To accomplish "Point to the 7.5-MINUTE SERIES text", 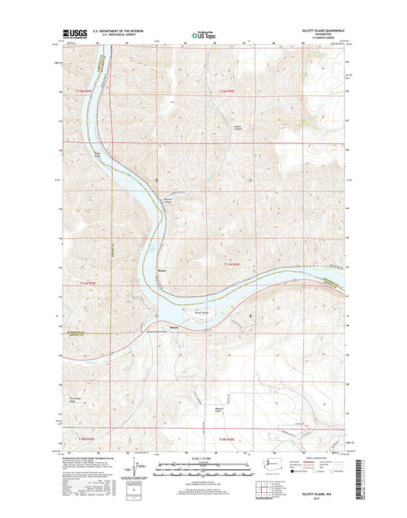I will pos(326,40).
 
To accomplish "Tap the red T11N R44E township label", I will pos(89,283).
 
